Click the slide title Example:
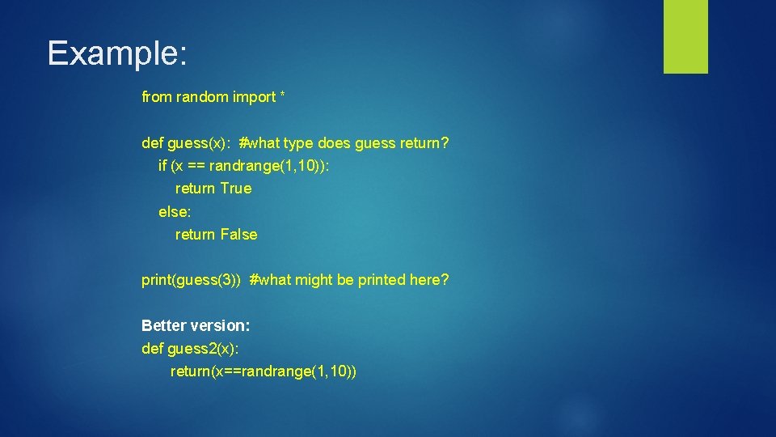(x=117, y=53)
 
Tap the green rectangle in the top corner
(x=685, y=36)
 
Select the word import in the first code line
(x=254, y=97)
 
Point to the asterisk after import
(x=282, y=96)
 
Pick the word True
(x=236, y=189)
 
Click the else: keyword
(x=174, y=212)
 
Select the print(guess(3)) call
(x=191, y=280)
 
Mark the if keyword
(x=162, y=166)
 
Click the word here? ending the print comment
(x=429, y=280)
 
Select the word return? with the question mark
(x=424, y=143)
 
